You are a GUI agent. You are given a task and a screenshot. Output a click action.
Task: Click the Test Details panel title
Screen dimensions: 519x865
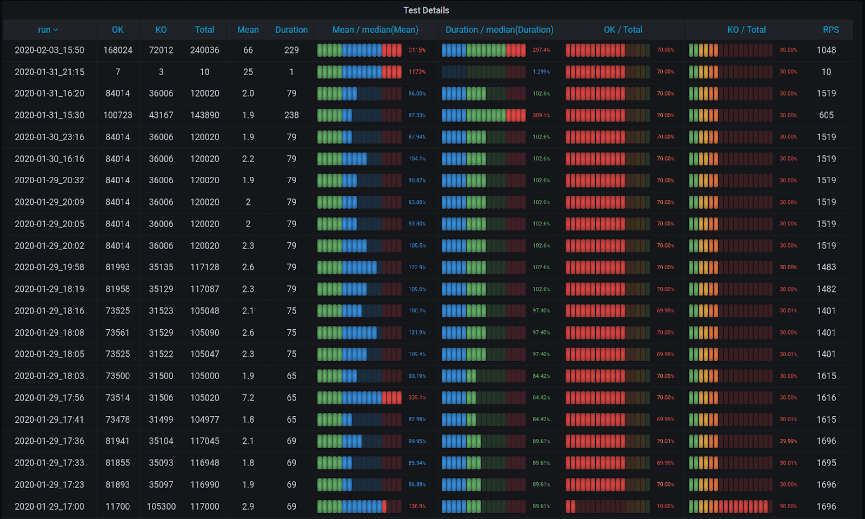[x=426, y=10]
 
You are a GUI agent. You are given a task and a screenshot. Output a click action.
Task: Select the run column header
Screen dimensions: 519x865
[x=48, y=30]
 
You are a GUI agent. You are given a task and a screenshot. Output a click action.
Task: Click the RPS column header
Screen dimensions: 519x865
[x=830, y=30]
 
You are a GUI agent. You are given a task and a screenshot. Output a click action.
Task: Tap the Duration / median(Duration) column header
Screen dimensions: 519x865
[x=499, y=30]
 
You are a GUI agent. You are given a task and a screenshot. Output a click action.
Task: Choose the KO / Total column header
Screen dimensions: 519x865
[x=746, y=30]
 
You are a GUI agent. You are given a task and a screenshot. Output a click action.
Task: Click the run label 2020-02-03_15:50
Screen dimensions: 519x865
[x=49, y=50]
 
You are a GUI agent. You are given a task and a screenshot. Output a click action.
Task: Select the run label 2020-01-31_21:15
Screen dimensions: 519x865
[x=49, y=72]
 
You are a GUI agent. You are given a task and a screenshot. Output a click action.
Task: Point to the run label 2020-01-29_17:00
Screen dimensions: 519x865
[x=49, y=507]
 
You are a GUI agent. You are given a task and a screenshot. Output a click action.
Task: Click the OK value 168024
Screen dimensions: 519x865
[x=118, y=50]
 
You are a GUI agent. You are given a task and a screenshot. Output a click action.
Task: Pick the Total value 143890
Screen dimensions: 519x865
[x=204, y=115]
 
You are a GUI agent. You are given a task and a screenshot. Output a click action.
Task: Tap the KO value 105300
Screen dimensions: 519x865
[x=161, y=507]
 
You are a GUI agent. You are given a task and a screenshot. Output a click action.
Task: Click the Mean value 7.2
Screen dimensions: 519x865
[x=248, y=398]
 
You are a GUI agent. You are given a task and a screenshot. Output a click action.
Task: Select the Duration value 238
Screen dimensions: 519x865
[x=291, y=115]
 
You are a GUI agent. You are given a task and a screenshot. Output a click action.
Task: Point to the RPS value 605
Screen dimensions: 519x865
[x=826, y=115]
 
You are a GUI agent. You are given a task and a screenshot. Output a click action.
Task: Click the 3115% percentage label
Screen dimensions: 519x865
[x=417, y=50]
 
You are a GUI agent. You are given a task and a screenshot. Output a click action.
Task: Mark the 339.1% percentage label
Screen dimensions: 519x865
[x=417, y=398]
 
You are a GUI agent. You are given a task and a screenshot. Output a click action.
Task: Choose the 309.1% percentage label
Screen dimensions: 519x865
[x=541, y=115]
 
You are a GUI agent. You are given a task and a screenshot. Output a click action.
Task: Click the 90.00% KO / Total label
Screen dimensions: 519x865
[x=788, y=507]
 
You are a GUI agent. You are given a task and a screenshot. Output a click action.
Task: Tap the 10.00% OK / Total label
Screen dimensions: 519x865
[x=666, y=507]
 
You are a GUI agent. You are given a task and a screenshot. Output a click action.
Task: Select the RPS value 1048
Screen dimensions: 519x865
[x=826, y=50]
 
